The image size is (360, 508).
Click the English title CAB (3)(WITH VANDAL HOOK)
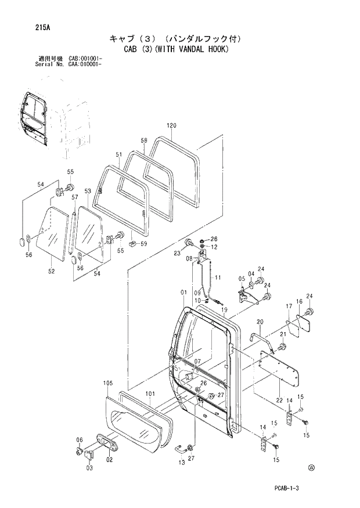pos(177,49)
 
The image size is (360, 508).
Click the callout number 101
pos(150,394)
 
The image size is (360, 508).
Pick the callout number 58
pos(144,140)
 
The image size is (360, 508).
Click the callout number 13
pos(182,462)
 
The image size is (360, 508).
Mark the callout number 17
pos(288,306)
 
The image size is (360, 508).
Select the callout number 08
pos(189,259)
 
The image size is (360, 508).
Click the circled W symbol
pos(312,466)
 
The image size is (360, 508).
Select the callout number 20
pos(260,322)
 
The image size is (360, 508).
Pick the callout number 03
pos(89,468)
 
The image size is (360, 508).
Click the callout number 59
pos(143,244)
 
